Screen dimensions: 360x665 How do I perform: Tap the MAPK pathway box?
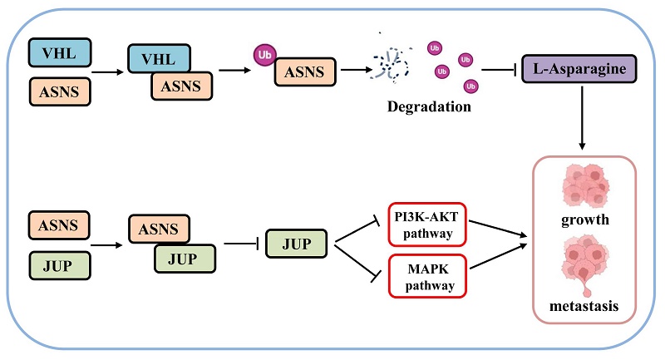click(x=427, y=275)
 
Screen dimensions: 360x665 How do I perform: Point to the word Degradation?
click(x=428, y=107)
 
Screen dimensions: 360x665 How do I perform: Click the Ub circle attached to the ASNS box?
click(x=264, y=55)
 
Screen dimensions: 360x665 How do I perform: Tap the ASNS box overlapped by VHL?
click(x=180, y=86)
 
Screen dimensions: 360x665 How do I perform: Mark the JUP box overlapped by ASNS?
click(x=185, y=258)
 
